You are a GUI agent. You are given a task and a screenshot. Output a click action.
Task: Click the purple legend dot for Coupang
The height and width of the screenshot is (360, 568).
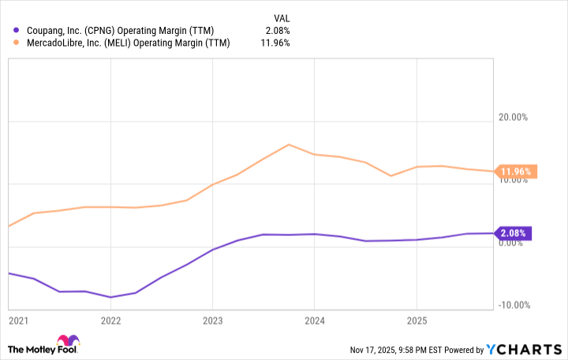17,30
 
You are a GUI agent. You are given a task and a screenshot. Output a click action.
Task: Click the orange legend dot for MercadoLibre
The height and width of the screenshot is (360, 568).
17,43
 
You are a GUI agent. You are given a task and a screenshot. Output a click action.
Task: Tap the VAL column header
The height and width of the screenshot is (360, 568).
281,17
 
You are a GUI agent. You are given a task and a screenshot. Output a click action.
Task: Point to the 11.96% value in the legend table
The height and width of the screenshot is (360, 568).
276,43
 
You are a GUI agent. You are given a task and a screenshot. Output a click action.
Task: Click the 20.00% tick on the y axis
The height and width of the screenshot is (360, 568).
512,118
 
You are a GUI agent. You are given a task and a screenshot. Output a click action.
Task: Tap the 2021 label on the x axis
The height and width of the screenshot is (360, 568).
18,321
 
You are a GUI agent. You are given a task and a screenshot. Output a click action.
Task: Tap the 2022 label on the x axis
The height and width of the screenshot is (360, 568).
110,321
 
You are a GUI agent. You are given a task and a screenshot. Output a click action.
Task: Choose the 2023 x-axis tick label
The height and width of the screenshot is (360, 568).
212,321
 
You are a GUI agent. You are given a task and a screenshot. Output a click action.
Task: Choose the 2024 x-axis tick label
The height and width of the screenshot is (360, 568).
314,321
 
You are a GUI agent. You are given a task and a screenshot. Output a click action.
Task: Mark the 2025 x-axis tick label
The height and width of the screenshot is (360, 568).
416,321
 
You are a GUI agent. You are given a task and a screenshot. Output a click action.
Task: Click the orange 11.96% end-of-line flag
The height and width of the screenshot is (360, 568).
517,171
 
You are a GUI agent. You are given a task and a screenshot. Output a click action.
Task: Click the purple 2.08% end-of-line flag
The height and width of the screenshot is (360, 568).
514,233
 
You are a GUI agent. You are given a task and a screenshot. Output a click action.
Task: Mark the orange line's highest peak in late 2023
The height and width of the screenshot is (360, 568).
289,144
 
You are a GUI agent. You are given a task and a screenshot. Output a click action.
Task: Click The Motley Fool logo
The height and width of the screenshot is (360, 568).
43,348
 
